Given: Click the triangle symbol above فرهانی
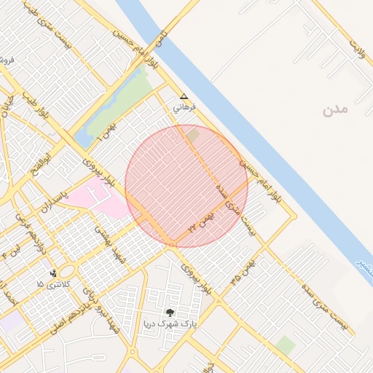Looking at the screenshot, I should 184,96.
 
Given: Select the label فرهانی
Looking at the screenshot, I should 184,108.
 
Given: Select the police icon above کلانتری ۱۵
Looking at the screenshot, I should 53,274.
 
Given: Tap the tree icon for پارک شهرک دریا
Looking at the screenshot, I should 170,312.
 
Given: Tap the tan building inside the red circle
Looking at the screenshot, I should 192,135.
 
